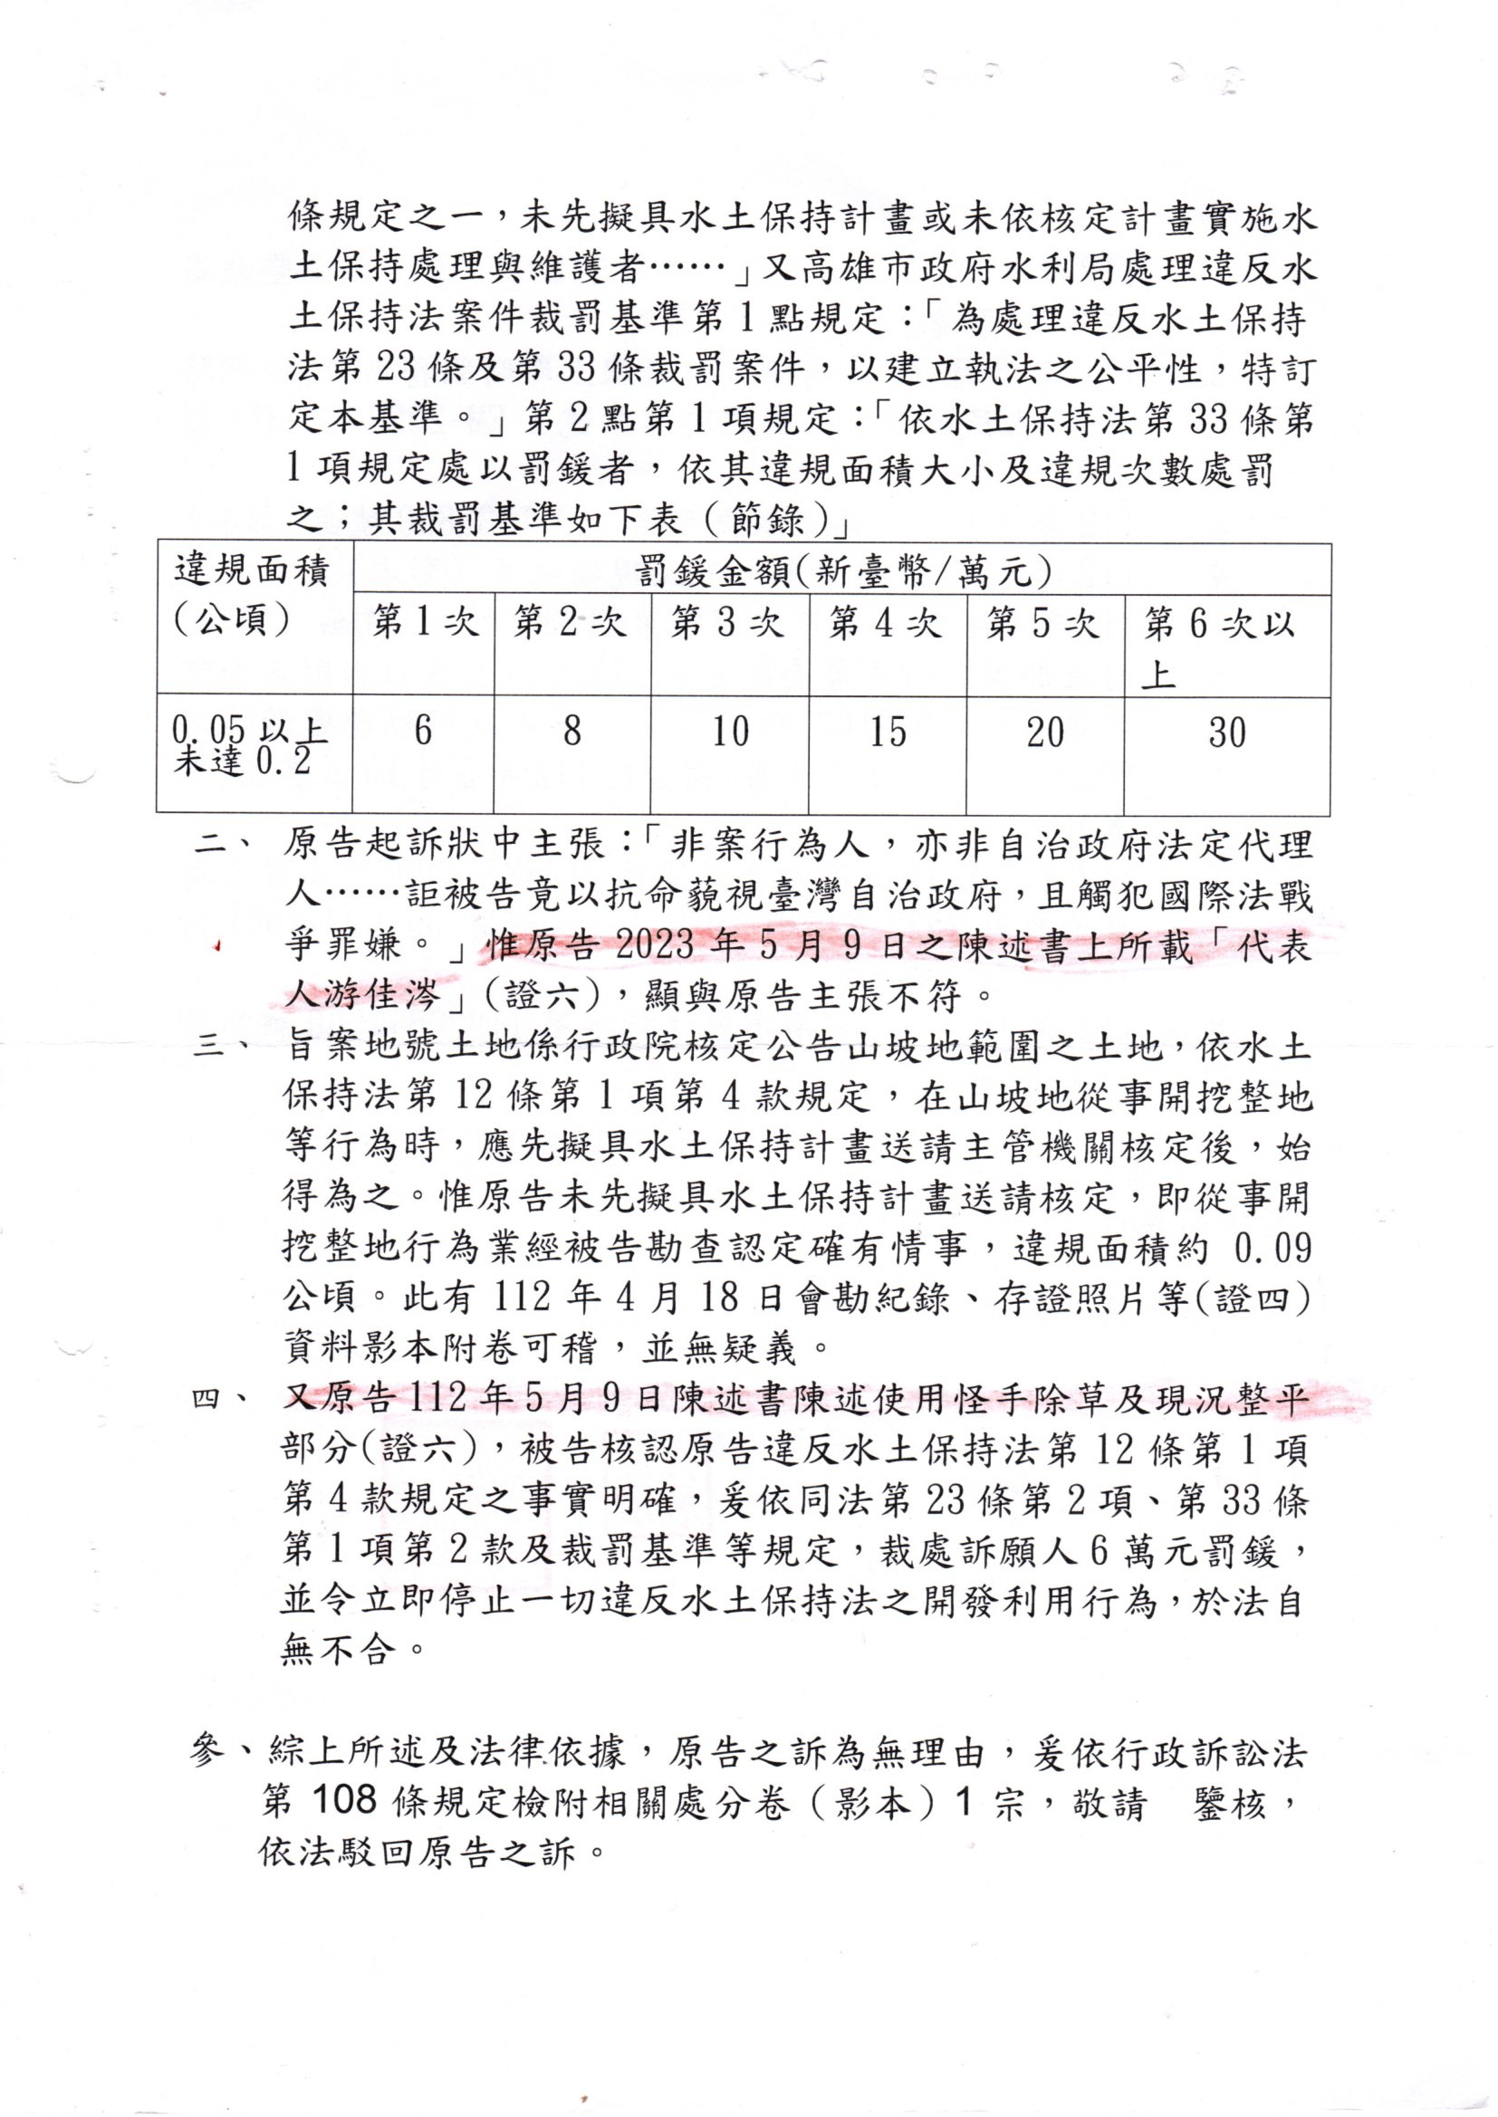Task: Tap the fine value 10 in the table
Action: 730,732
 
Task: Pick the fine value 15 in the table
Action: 888,733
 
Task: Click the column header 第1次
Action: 424,623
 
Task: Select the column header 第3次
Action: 727,623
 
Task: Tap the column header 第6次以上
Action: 1219,646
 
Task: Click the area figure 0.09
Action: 1272,1250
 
